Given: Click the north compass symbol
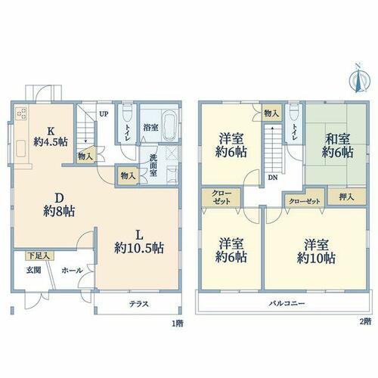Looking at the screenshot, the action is click(x=360, y=79).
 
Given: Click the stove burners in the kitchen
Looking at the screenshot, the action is click(x=20, y=113).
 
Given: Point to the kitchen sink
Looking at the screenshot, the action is click(x=21, y=148).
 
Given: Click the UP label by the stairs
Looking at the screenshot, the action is click(x=104, y=114).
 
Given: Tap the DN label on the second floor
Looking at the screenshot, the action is click(x=273, y=178).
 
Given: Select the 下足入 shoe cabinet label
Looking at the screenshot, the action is click(x=39, y=256).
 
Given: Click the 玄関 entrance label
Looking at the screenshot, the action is click(x=33, y=271).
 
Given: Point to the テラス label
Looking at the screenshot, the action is click(x=139, y=304).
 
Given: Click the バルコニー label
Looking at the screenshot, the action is click(x=287, y=303).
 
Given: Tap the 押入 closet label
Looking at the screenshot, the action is click(x=346, y=197).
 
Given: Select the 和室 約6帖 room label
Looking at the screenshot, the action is click(x=337, y=146).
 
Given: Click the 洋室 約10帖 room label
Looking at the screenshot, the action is click(x=316, y=252).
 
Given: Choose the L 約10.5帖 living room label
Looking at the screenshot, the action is click(x=139, y=242).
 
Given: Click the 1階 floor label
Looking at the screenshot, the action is click(x=178, y=324).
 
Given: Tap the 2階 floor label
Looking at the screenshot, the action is click(x=365, y=322).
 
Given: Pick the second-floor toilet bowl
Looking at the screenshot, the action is click(x=294, y=113).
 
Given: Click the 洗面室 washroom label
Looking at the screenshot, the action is click(x=153, y=166).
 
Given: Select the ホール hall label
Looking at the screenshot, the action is click(x=73, y=271).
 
